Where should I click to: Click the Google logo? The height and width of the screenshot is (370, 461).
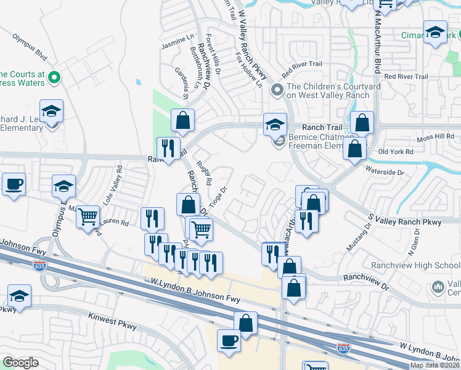tap(20, 363)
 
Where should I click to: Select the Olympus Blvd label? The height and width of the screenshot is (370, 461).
tap(30, 46)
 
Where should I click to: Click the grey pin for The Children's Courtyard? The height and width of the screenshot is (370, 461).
tap(277, 91)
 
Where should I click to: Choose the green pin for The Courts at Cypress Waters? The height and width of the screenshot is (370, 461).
tap(54, 78)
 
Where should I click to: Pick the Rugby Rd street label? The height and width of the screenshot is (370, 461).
tap(204, 174)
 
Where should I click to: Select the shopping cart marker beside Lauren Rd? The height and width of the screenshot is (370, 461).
tap(89, 216)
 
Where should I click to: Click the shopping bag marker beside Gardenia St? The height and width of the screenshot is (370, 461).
tap(183, 120)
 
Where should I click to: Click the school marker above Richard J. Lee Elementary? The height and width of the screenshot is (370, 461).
tap(52, 112)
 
